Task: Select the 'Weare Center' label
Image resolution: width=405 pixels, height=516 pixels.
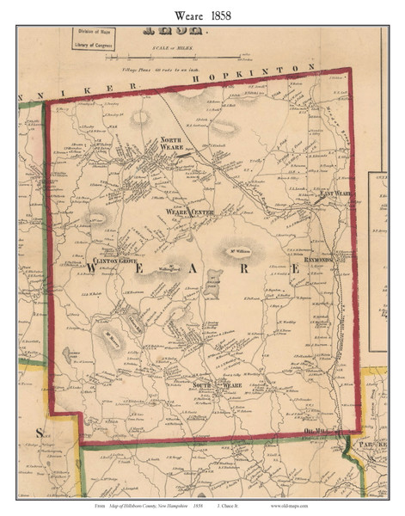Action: (x=188, y=210)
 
